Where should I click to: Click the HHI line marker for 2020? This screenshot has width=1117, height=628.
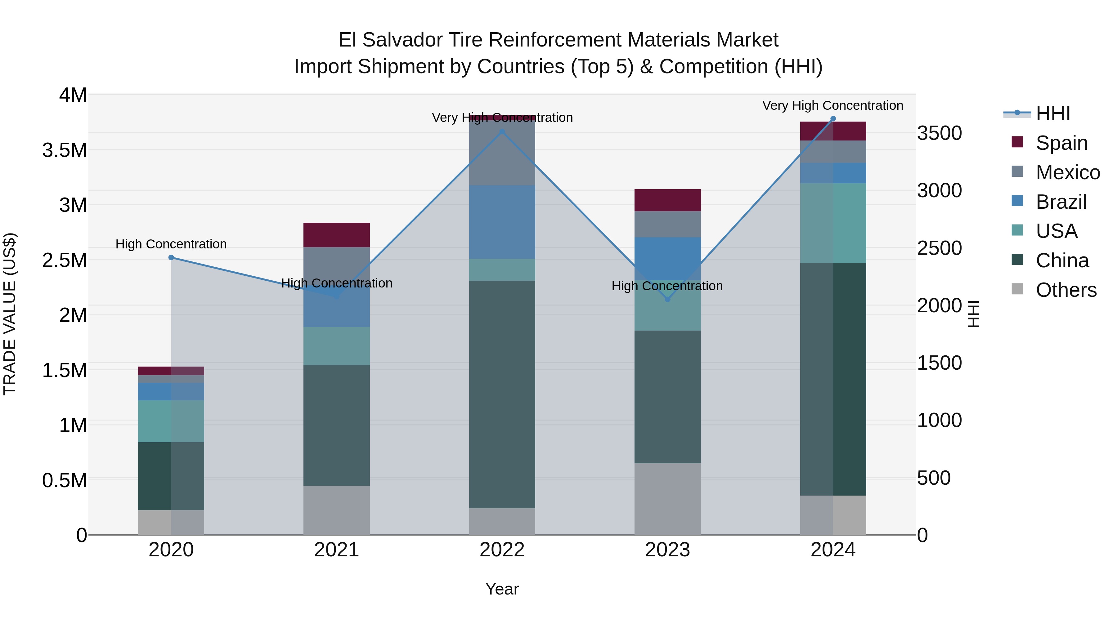(x=171, y=257)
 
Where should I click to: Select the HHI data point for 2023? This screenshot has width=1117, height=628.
(x=667, y=299)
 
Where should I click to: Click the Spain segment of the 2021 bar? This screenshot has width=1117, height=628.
(x=336, y=235)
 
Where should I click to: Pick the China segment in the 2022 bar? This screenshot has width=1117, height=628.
(x=502, y=394)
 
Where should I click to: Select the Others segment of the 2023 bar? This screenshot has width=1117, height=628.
(x=667, y=499)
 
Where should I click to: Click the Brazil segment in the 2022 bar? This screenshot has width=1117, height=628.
(x=502, y=222)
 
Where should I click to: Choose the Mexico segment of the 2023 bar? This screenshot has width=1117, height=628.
(x=667, y=224)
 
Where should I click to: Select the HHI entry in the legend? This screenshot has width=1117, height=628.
(x=1052, y=114)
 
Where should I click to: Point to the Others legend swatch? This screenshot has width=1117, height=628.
(x=1017, y=289)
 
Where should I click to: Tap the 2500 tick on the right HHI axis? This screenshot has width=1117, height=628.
(x=939, y=248)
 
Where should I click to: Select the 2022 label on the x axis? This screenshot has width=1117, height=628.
(x=502, y=550)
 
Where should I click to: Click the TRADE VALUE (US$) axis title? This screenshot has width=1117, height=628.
(x=10, y=314)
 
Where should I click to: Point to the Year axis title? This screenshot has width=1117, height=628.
(x=502, y=589)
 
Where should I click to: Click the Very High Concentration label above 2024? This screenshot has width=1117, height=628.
(x=832, y=105)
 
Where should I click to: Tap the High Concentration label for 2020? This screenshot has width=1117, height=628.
(x=171, y=244)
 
